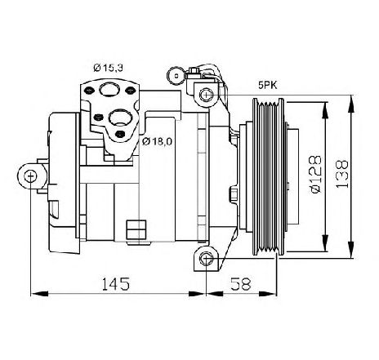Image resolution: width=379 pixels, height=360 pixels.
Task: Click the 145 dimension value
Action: coord(116,283)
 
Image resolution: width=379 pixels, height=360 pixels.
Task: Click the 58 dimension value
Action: coord(240,283)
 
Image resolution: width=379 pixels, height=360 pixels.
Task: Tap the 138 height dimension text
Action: coord(342,174)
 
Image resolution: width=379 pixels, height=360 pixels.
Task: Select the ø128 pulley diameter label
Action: coord(316,175)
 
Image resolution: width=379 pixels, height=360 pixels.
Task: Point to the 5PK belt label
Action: coord(268,86)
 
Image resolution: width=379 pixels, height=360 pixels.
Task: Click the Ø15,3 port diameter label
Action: coord(108,68)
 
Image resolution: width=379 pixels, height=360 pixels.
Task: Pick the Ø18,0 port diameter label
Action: coord(157,141)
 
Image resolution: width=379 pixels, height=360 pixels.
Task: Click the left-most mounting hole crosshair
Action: coord(30,176)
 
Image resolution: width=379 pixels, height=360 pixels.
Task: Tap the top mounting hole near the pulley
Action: coord(206,95)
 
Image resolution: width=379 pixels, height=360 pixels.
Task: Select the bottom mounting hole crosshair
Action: coord(206,259)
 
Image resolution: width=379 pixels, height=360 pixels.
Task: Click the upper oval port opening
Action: coord(109,89)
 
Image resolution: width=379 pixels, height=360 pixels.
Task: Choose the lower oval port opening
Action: coord(120,118)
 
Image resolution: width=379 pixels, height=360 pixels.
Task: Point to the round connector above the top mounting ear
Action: coord(176,76)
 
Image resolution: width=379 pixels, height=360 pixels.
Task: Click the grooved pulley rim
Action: coord(269,176)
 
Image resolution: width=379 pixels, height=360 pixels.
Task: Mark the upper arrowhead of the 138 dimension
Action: coord(352,104)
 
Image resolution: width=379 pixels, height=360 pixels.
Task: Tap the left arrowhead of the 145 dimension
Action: coord(39,294)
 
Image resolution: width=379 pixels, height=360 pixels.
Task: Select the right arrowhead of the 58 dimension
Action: coord(268,294)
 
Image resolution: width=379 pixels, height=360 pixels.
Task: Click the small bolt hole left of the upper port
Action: coord(88,90)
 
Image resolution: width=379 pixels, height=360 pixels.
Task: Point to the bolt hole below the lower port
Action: coord(120,134)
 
